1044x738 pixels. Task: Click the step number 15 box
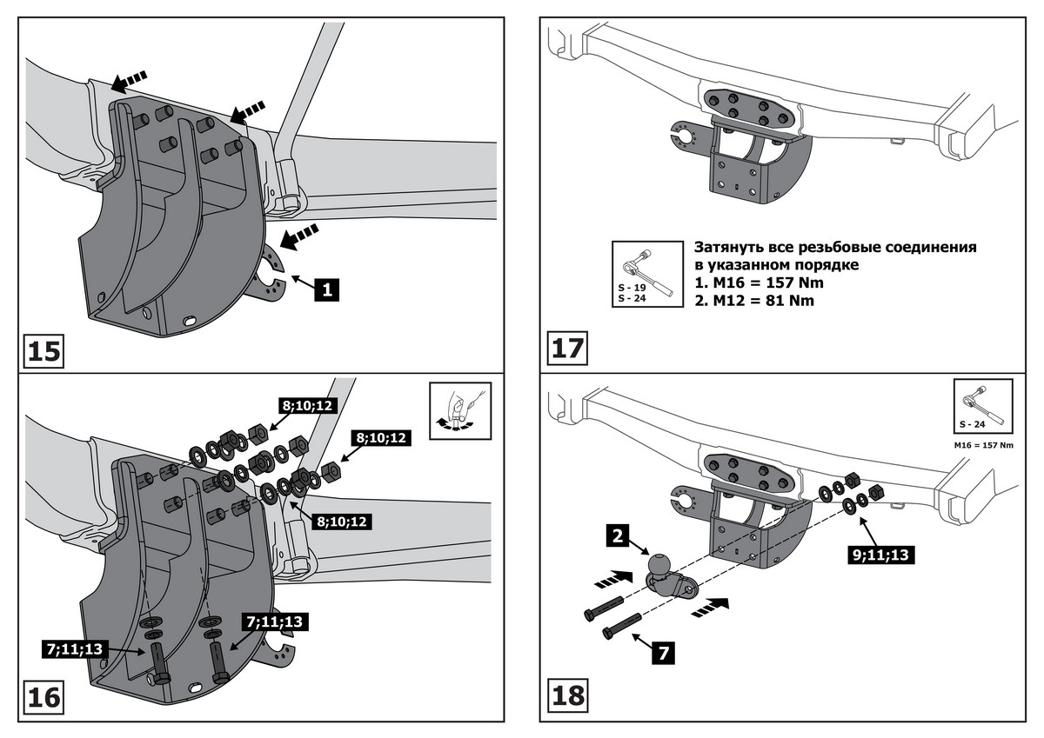(x=43, y=350)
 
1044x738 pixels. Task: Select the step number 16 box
(x=43, y=696)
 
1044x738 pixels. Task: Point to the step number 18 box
(x=567, y=695)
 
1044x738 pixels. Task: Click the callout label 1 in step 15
(x=326, y=289)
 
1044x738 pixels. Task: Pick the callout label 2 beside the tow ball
(x=616, y=536)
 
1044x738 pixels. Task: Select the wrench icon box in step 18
(x=982, y=405)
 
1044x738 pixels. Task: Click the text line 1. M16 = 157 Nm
(x=758, y=283)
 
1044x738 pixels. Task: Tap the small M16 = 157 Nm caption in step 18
(x=983, y=445)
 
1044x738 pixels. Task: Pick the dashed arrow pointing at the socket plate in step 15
(x=301, y=236)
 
